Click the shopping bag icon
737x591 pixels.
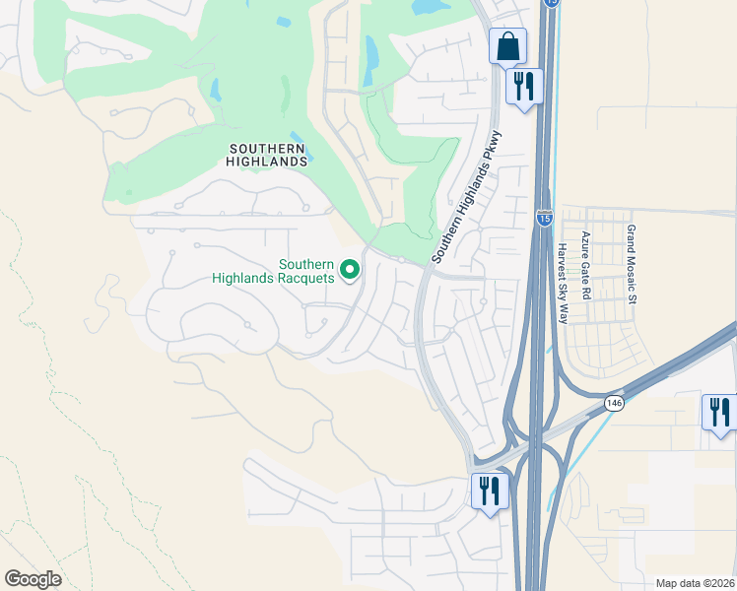point(507,45)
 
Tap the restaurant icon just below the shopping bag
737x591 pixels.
point(523,86)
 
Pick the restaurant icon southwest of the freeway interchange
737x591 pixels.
point(489,490)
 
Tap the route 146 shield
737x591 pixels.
point(614,403)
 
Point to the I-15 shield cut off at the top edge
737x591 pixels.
point(552,3)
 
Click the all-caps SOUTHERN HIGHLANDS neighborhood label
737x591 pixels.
point(268,155)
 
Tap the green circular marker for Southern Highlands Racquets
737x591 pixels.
point(349,269)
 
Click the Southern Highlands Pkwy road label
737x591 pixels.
point(468,196)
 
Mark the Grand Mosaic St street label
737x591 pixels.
point(632,263)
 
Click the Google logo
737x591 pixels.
point(33,578)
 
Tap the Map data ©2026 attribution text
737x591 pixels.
point(694,583)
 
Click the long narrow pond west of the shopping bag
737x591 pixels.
point(370,60)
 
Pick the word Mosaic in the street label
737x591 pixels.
point(632,266)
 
